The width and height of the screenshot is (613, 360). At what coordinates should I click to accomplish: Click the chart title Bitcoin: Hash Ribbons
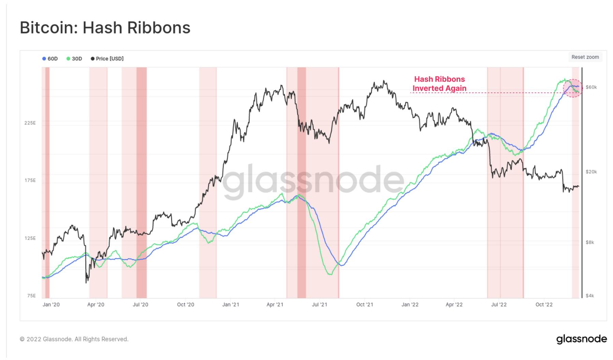(x=105, y=28)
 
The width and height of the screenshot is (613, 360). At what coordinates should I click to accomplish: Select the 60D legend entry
(x=50, y=59)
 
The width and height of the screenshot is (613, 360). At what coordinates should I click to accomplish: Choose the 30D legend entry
(x=74, y=59)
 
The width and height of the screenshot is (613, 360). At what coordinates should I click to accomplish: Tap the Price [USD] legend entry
(x=107, y=59)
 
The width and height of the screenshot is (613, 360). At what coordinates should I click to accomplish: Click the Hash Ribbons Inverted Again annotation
(x=439, y=84)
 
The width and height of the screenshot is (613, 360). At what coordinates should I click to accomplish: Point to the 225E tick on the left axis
(x=30, y=123)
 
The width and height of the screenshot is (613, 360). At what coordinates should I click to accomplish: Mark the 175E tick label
(x=30, y=180)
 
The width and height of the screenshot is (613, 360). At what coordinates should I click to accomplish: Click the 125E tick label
(x=30, y=238)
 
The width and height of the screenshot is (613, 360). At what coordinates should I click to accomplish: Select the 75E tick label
(x=31, y=296)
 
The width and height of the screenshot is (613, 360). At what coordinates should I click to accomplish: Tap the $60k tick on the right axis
(x=591, y=87)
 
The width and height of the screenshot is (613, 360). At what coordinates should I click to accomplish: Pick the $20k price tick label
(x=591, y=172)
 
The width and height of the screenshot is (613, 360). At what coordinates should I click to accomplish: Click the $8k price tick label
(x=590, y=242)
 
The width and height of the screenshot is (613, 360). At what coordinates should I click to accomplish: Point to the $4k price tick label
(x=590, y=296)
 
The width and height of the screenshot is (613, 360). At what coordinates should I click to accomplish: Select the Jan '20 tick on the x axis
(x=51, y=304)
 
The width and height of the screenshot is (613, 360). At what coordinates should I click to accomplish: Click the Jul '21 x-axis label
(x=320, y=304)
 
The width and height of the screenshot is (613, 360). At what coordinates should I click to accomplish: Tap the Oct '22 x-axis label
(x=544, y=304)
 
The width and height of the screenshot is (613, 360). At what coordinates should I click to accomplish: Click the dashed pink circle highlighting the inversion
(x=573, y=88)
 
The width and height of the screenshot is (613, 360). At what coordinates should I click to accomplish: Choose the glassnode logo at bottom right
(x=582, y=339)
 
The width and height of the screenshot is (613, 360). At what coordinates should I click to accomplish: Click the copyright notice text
(x=74, y=339)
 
